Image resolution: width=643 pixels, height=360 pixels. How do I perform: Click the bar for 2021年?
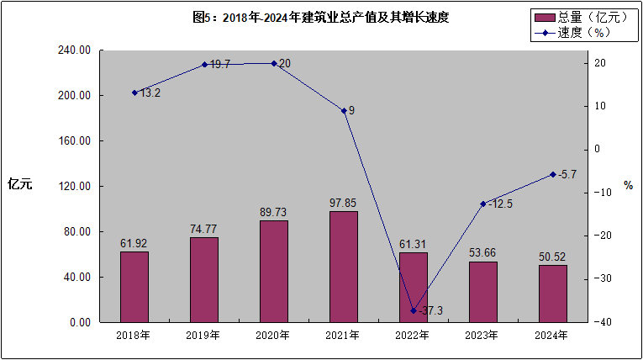click(343, 266)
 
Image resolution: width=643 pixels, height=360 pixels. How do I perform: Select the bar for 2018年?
click(134, 286)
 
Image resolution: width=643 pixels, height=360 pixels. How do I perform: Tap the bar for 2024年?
click(552, 293)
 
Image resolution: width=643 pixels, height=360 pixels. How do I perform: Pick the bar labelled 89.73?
click(273, 271)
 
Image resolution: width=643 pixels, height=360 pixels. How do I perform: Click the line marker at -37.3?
click(413, 310)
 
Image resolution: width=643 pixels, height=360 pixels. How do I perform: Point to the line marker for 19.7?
click(204, 64)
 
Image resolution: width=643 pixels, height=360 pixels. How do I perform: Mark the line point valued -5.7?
click(552, 174)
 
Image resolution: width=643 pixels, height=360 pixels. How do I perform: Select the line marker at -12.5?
click(482, 204)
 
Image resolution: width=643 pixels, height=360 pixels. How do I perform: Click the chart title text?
click(320, 17)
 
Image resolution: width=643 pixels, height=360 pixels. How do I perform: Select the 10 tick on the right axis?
click(598, 106)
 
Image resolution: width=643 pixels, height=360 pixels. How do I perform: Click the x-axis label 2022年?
click(413, 335)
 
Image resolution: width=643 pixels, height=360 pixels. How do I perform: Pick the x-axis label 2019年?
click(203, 335)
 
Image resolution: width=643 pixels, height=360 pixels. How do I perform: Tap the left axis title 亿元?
click(19, 185)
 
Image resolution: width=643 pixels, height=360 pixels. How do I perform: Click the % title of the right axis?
click(628, 185)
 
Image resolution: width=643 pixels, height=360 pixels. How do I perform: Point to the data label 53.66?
click(482, 252)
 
